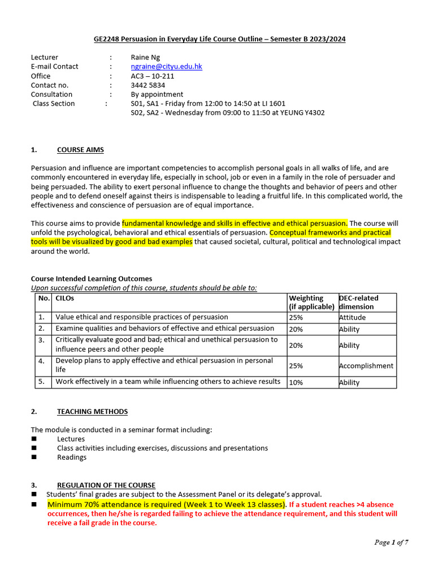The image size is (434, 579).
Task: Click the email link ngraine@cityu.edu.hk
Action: click(x=166, y=67)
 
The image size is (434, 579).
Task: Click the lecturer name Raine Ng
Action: click(x=145, y=57)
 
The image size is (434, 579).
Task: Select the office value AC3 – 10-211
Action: click(x=153, y=76)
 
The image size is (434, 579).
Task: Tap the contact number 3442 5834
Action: click(x=148, y=85)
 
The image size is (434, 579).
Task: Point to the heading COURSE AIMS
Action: click(x=80, y=150)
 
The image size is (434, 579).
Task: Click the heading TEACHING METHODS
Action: click(x=92, y=412)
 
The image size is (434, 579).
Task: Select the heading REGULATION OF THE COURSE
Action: click(x=106, y=485)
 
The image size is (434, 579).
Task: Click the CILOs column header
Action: click(x=65, y=298)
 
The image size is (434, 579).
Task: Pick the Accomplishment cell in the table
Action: click(x=366, y=366)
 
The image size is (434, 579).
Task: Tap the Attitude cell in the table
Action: click(x=353, y=318)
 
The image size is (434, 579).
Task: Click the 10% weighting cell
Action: click(x=296, y=383)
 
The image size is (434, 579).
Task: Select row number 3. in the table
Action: click(x=41, y=340)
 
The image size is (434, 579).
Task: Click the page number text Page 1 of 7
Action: click(x=391, y=543)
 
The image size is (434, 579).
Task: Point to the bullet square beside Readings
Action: click(x=34, y=457)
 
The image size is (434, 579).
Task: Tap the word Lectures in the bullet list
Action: click(x=71, y=439)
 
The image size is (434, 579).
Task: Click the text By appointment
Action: click(x=157, y=94)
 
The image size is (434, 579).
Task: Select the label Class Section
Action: click(x=54, y=103)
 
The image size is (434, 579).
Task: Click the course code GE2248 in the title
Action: click(x=106, y=39)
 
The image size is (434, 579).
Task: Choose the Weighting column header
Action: click(x=306, y=298)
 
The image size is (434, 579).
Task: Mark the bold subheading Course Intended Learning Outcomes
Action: click(x=92, y=279)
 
